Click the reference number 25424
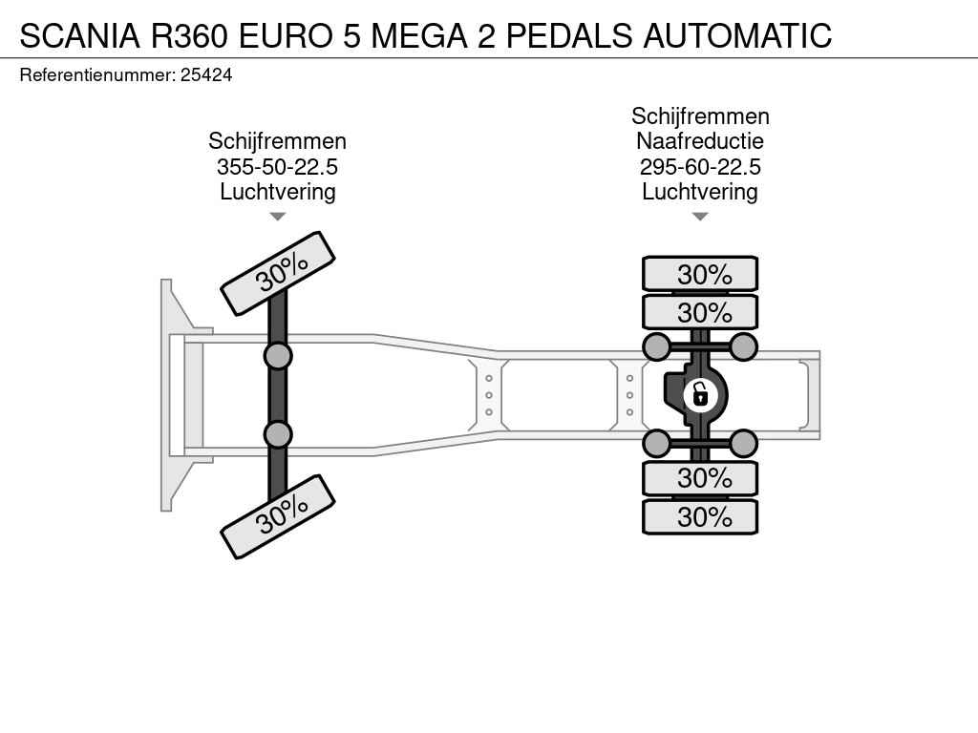pyautogui.click(x=206, y=75)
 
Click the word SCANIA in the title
pyautogui.click(x=80, y=35)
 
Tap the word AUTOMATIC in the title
pyautogui.click(x=737, y=35)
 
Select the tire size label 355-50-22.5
pyautogui.click(x=278, y=166)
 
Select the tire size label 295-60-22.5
pyautogui.click(x=700, y=166)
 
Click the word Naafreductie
pyautogui.click(x=700, y=141)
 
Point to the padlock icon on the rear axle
pyautogui.click(x=700, y=394)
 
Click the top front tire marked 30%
pyautogui.click(x=278, y=273)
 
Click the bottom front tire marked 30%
pyautogui.click(x=278, y=516)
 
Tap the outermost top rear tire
pyautogui.click(x=700, y=274)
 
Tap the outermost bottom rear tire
pyautogui.click(x=700, y=516)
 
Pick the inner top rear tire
pyautogui.click(x=700, y=312)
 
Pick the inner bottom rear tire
pyautogui.click(x=700, y=478)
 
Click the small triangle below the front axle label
pyautogui.click(x=278, y=217)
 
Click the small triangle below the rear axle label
pyautogui.click(x=700, y=217)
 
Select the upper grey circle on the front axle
pyautogui.click(x=278, y=357)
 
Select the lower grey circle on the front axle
pyautogui.click(x=278, y=434)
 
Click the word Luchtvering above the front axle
pyautogui.click(x=278, y=192)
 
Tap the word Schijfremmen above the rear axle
pyautogui.click(x=700, y=116)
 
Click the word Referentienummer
pyautogui.click(x=97, y=75)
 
